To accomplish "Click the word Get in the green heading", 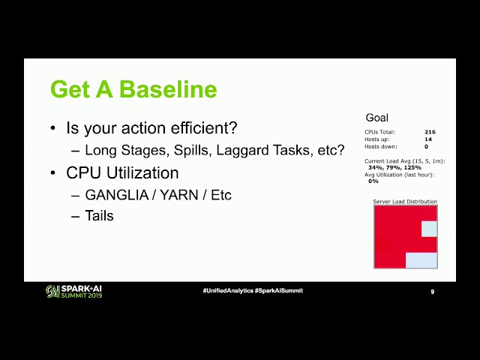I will click(x=68, y=90).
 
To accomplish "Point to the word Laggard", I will click(x=241, y=150).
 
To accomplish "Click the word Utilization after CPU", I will click(x=140, y=173).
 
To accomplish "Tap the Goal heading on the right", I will click(x=376, y=118).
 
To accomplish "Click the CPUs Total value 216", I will click(x=430, y=132).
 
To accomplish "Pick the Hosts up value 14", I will click(x=428, y=139).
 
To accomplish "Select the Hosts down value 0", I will click(x=426, y=147).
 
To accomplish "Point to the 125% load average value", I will click(x=412, y=167).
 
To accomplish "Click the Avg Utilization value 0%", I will click(x=373, y=181).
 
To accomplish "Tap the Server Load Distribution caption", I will click(x=405, y=202).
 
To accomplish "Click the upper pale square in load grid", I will click(x=429, y=229).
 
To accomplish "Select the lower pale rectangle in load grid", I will click(x=421, y=259).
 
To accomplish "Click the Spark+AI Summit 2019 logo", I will click(x=73, y=291).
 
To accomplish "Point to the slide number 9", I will click(x=433, y=291).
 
